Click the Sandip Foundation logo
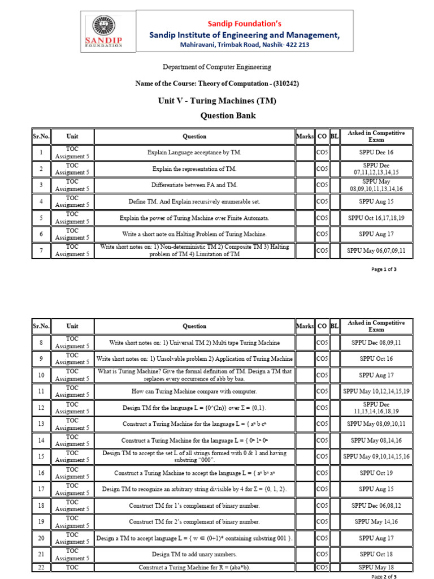coord(104,32)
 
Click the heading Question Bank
coord(228,116)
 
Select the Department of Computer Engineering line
coord(217,67)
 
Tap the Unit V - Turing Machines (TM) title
coord(217,101)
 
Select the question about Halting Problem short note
coord(194,234)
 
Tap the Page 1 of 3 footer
coord(384,269)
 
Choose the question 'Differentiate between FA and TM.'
coord(194,185)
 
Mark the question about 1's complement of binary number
coord(194,505)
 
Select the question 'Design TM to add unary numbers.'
coord(194,554)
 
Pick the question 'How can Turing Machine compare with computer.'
coord(194,391)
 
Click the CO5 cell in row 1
coord(322,153)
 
